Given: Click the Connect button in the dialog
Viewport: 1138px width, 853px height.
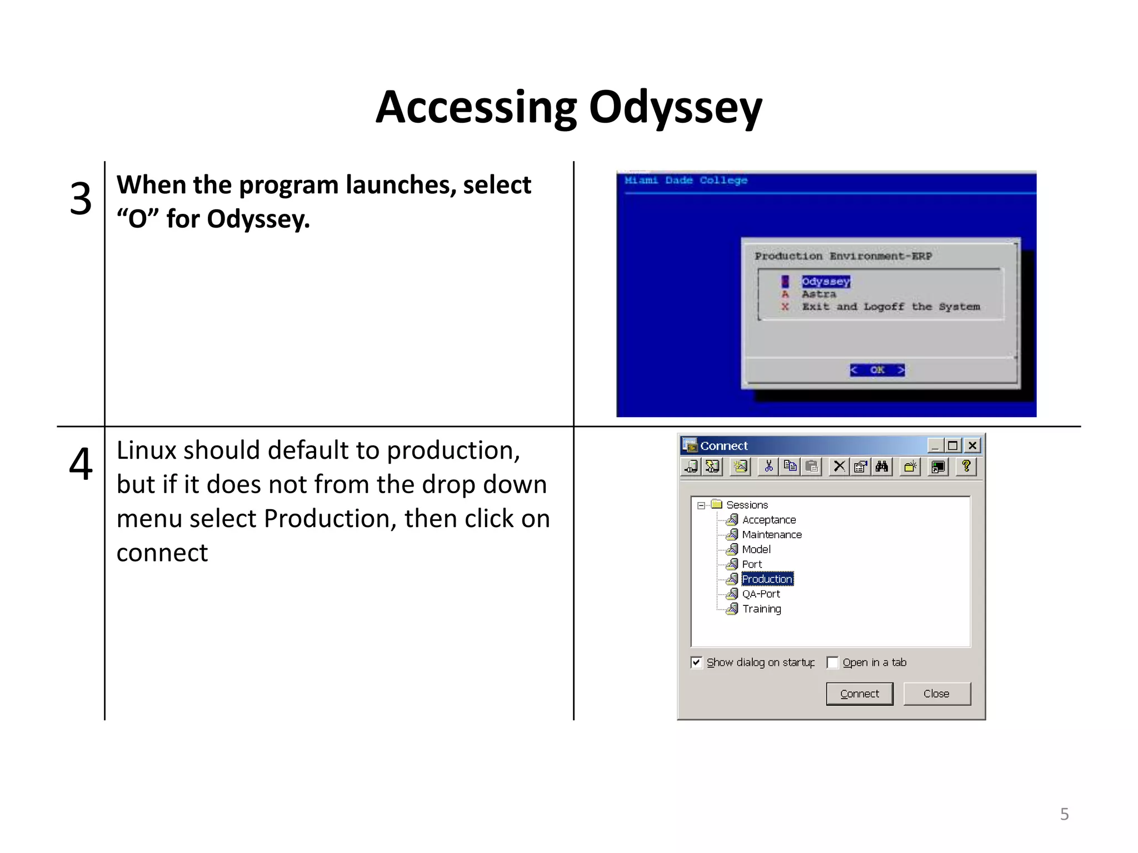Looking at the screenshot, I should tap(859, 694).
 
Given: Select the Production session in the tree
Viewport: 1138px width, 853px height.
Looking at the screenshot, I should tap(767, 579).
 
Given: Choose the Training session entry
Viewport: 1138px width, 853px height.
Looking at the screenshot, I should tap(761, 609).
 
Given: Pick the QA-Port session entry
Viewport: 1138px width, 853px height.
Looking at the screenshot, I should tap(761, 594).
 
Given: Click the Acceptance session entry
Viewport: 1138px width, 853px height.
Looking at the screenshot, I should tap(768, 520).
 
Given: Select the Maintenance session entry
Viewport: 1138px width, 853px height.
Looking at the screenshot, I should tap(771, 535).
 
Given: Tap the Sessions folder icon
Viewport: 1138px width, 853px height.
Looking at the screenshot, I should tap(717, 504).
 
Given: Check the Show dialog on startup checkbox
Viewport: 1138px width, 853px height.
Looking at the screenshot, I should tap(696, 663).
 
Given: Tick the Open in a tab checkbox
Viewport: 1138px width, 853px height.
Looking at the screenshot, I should tap(832, 663).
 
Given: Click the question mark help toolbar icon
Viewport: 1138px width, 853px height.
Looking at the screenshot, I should tap(966, 466).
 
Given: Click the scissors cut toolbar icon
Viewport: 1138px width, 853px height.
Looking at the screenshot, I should tap(768, 466).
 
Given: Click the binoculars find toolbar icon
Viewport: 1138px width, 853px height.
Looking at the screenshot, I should tap(882, 466).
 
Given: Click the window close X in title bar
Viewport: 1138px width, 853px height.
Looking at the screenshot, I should tap(972, 445).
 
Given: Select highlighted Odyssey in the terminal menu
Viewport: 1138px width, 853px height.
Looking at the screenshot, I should tap(825, 282).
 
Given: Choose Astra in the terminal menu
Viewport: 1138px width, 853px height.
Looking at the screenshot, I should tap(818, 294).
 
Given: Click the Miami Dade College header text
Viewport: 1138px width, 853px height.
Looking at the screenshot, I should tap(686, 180).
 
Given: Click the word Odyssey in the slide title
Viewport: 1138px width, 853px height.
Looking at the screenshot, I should tap(675, 108).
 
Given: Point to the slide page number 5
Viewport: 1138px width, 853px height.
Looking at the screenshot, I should tap(1064, 814).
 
